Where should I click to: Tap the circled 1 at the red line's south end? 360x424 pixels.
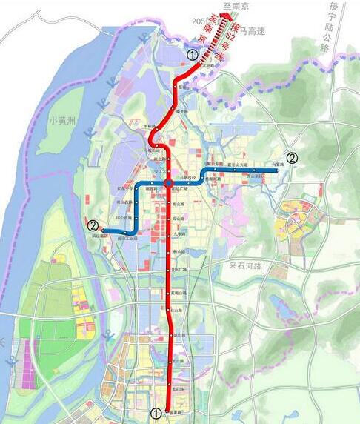(x=156, y=412)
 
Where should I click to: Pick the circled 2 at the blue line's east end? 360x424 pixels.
(x=293, y=157)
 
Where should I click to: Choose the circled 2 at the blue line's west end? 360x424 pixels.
(x=93, y=225)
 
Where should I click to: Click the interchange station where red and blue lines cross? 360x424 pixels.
(x=169, y=183)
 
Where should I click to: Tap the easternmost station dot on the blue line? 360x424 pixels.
(x=276, y=170)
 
